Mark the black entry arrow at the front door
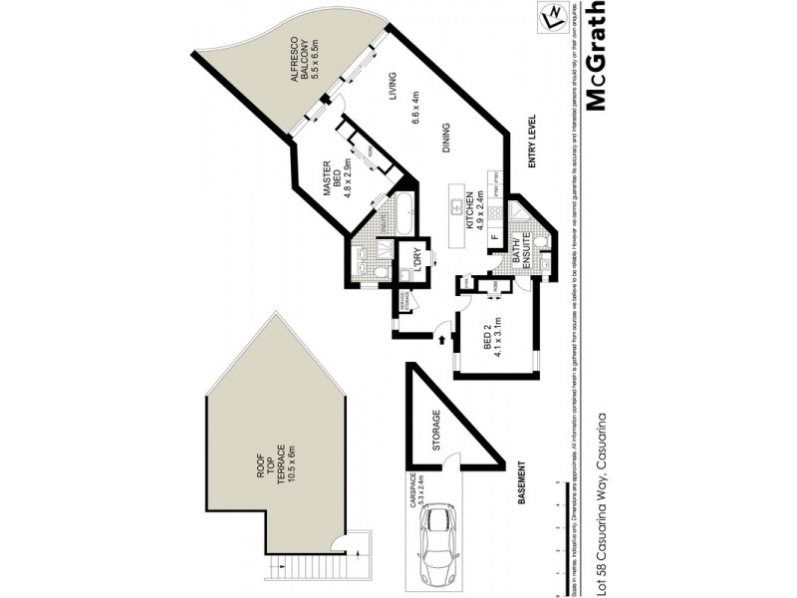(442, 341)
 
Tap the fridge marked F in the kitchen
(493, 237)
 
